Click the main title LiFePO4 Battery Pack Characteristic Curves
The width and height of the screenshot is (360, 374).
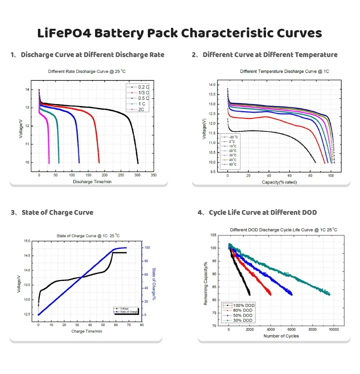coord(180,33)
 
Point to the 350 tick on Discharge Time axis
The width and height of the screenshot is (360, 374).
coord(153,175)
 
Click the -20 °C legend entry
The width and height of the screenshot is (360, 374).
coord(234,137)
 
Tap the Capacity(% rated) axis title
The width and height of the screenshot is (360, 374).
coord(279,183)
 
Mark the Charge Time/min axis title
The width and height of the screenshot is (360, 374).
coord(84,331)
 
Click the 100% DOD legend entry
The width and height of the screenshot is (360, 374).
coord(241,304)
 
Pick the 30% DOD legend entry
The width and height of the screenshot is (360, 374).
coord(240,320)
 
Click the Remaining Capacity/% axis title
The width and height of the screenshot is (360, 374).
coord(205,283)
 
